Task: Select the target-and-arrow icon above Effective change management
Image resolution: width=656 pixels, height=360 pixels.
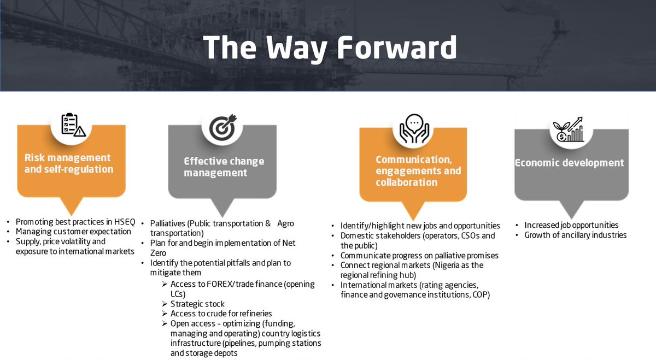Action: click(222, 127)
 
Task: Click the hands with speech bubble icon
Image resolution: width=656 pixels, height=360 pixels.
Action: click(414, 129)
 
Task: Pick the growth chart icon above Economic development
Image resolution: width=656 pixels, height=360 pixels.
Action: click(568, 130)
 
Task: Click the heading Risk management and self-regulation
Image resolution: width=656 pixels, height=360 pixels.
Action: click(68, 163)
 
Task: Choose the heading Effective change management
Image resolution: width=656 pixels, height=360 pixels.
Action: click(224, 167)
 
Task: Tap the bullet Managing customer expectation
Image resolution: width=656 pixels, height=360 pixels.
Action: click(73, 232)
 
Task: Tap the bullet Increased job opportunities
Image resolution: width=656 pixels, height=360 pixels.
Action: click(571, 225)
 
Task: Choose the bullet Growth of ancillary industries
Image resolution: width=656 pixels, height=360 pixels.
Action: click(575, 235)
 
